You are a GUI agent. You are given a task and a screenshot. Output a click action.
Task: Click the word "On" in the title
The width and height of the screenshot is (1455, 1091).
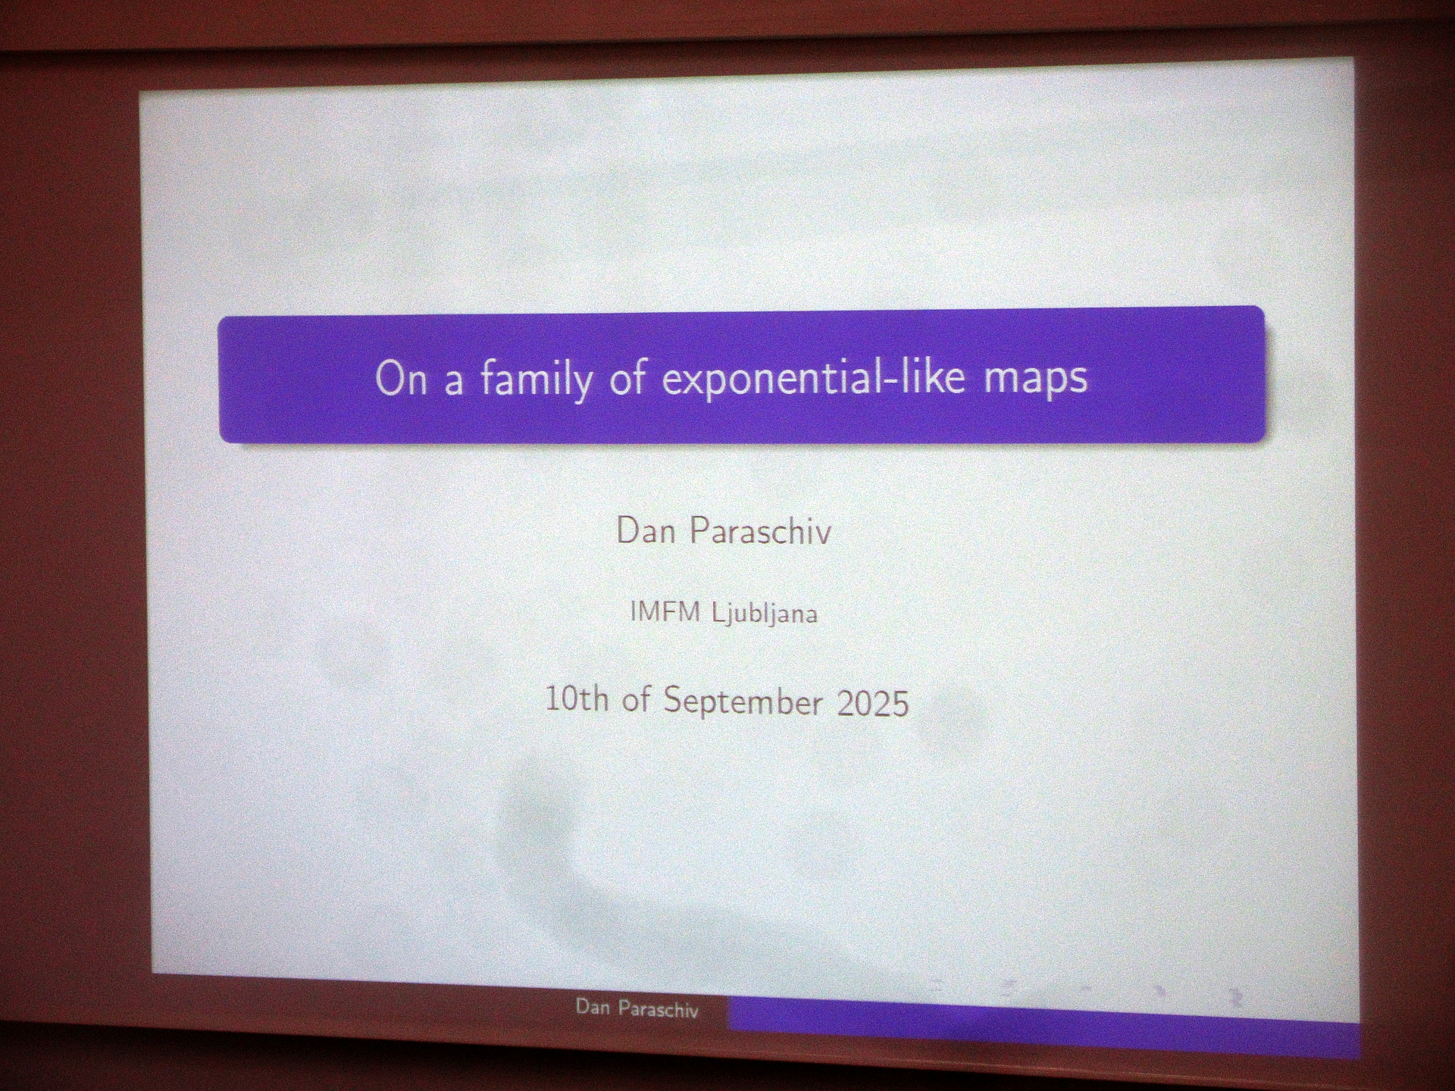tap(401, 378)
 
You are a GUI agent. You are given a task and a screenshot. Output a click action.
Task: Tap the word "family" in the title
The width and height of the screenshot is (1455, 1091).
tap(537, 380)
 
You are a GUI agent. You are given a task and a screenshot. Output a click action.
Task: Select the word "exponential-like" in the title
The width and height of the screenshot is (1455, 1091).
tap(814, 378)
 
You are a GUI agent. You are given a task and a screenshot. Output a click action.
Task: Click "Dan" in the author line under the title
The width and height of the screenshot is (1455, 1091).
tap(646, 531)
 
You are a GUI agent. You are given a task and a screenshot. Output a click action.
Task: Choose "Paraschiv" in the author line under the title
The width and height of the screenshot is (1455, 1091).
tap(760, 531)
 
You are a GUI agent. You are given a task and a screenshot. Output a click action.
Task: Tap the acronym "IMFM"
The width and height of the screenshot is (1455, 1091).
tap(665, 611)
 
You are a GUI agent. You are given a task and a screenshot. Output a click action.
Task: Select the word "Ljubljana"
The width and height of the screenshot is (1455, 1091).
tap(765, 614)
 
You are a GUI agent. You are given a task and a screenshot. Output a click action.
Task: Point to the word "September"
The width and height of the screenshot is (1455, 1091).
tap(743, 702)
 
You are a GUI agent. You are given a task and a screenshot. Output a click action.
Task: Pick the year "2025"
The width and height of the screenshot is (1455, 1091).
tap(873, 703)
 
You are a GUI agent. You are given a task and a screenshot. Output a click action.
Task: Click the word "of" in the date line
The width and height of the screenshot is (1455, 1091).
tap(636, 699)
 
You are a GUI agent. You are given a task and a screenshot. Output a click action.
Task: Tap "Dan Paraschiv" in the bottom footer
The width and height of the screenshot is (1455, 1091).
tap(637, 1008)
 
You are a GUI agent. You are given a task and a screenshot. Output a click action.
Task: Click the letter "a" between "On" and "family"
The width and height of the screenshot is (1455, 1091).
tap(454, 383)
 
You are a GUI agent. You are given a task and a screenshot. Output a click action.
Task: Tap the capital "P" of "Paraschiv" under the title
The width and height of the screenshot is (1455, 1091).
tap(699, 530)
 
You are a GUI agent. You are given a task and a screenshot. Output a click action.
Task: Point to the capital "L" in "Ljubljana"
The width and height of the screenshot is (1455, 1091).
tap(719, 612)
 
